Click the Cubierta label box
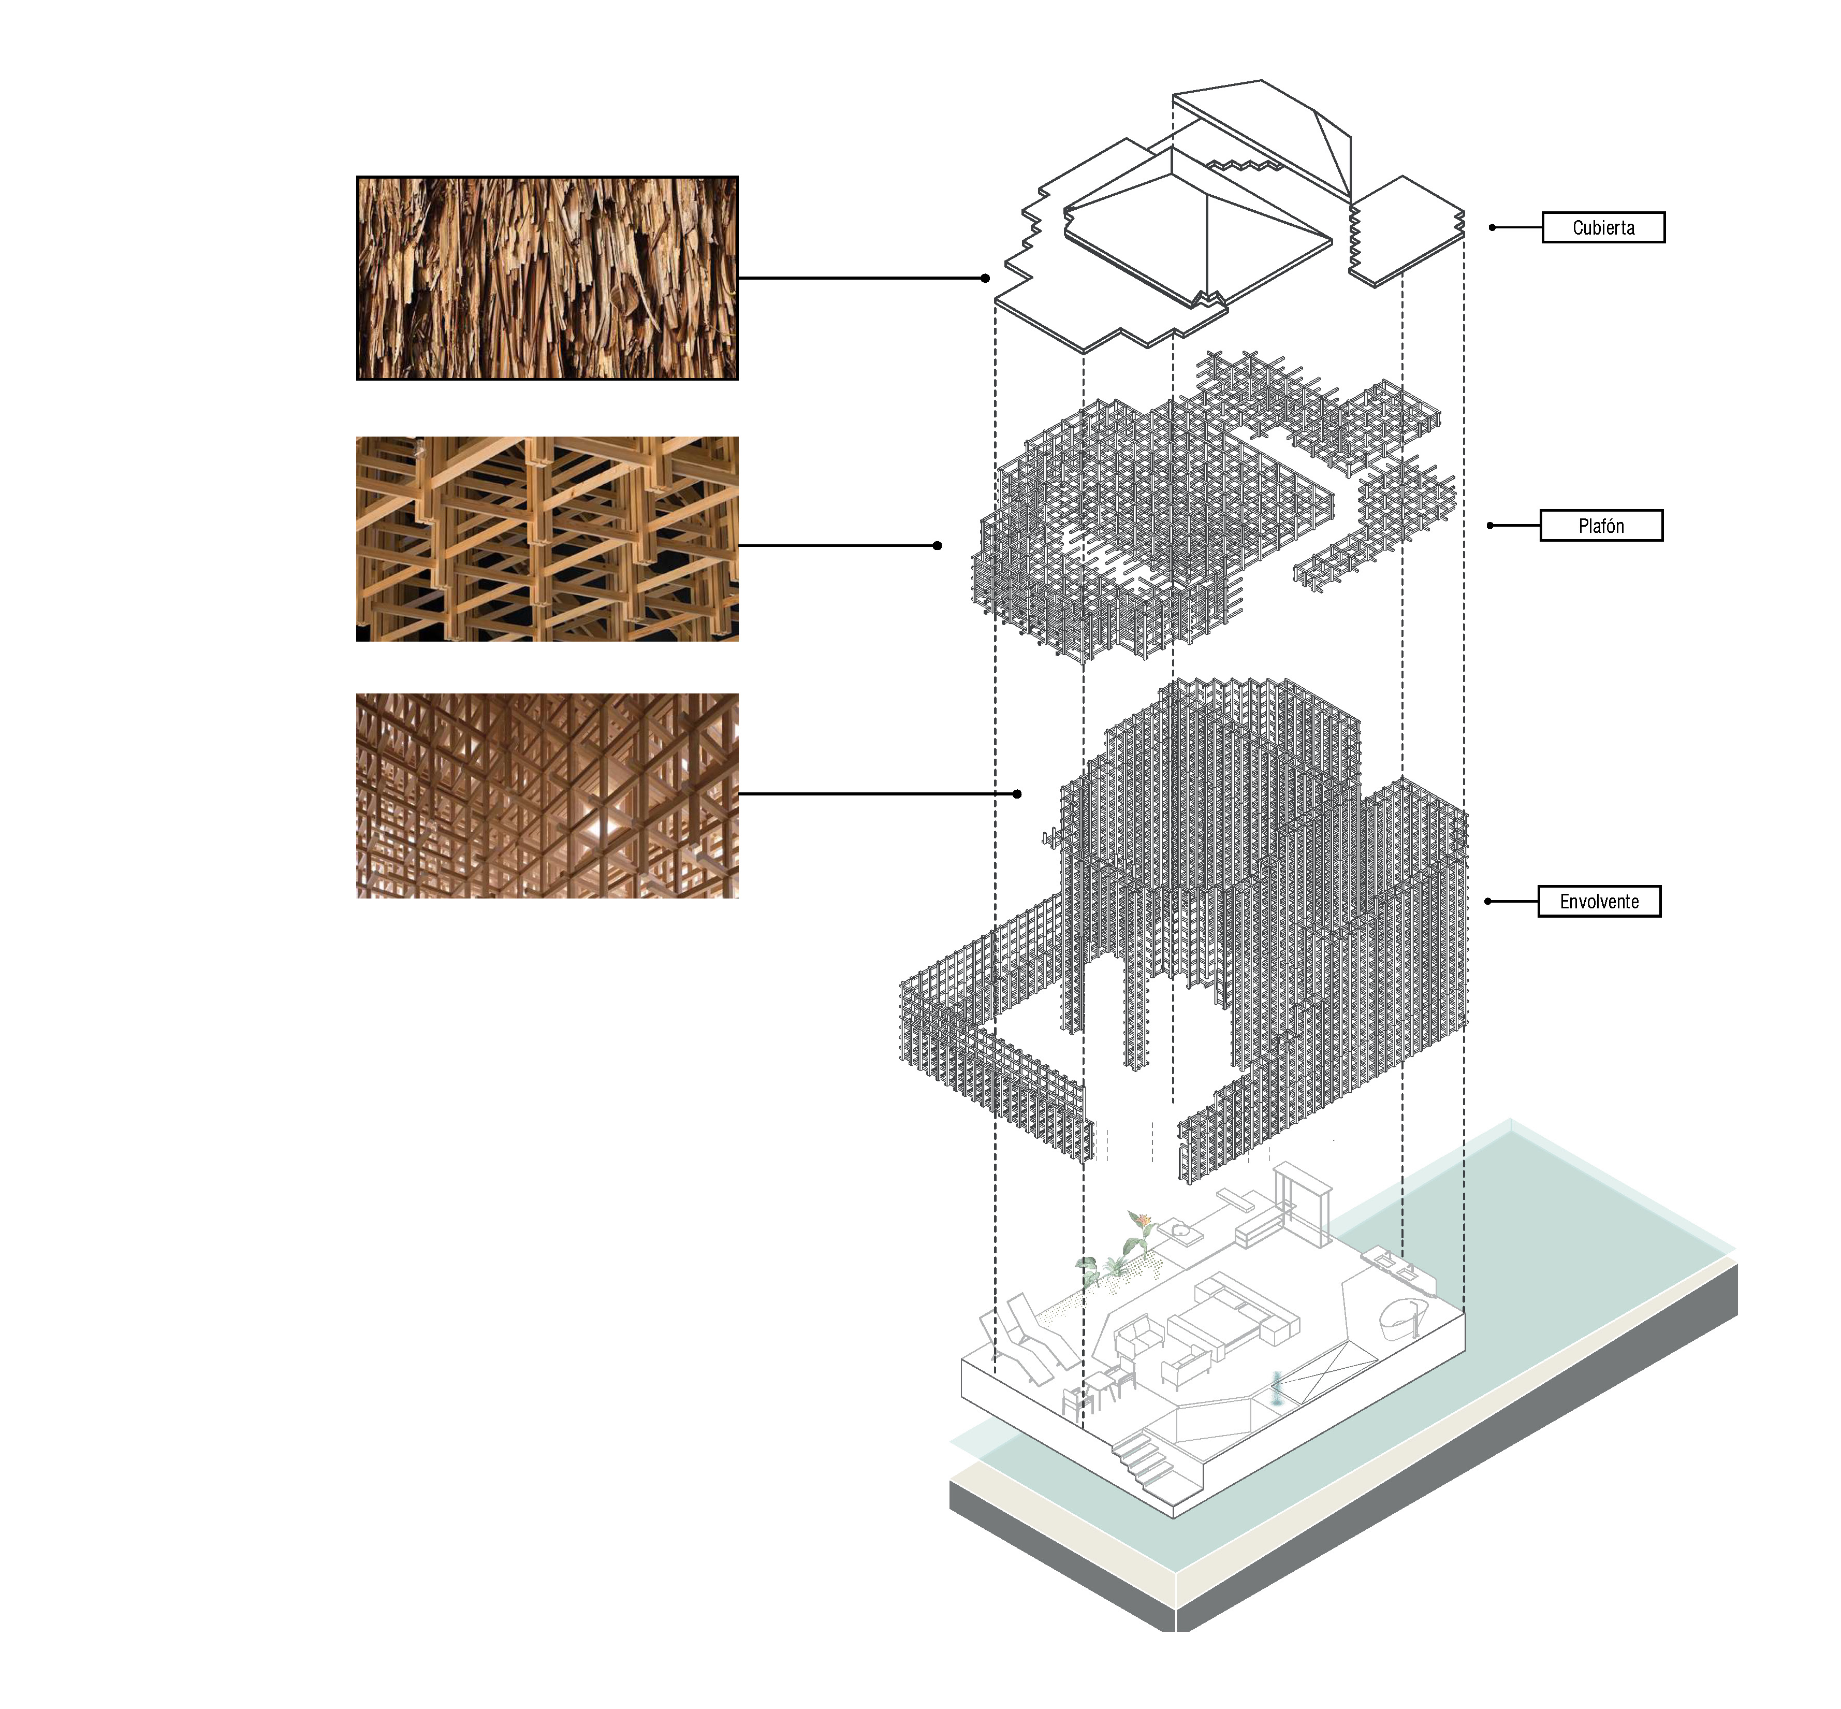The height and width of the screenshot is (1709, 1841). tap(1602, 227)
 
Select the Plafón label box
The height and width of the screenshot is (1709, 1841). tap(1601, 525)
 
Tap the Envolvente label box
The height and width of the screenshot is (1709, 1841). tap(1599, 901)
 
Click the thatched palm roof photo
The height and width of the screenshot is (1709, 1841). tap(547, 278)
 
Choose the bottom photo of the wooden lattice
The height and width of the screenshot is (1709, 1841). tap(547, 795)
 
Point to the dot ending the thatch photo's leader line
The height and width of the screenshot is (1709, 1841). tap(986, 278)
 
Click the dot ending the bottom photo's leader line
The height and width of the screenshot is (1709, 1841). tap(1017, 793)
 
